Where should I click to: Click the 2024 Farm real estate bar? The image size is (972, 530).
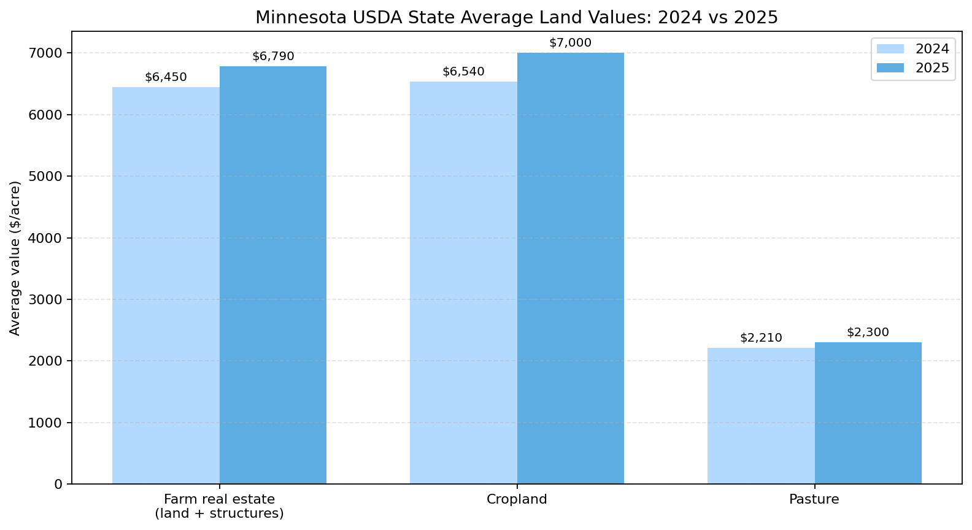tap(166, 285)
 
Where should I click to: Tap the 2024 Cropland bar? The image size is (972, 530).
tap(463, 282)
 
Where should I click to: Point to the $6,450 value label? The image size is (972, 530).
tap(166, 77)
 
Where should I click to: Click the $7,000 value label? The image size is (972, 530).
tap(570, 43)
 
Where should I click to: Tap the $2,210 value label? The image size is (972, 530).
tap(761, 338)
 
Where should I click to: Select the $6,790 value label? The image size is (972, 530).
tap(273, 56)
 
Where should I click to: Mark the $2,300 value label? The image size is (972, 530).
tap(868, 332)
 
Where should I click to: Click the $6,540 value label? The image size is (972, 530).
tap(463, 72)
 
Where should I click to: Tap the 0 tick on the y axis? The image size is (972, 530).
tap(59, 485)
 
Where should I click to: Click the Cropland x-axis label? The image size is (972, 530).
tap(517, 499)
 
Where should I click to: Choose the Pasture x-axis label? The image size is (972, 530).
tap(814, 499)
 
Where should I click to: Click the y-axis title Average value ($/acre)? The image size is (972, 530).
tap(15, 258)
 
